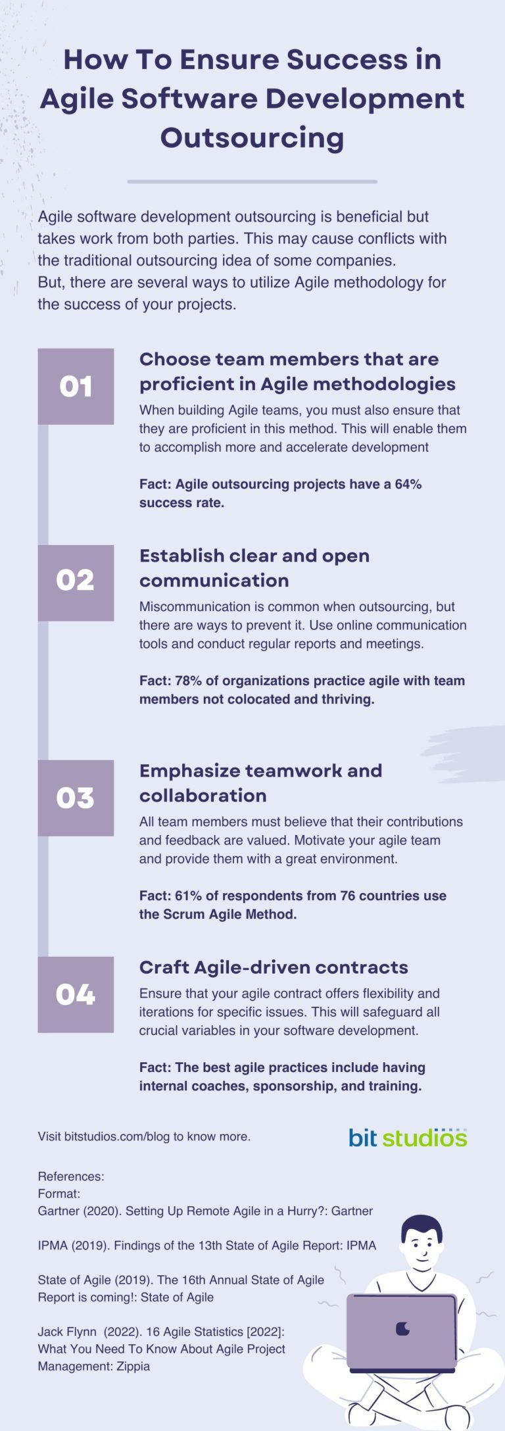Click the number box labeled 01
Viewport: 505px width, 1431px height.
pyautogui.click(x=76, y=386)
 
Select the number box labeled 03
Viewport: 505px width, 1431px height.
pyautogui.click(x=76, y=798)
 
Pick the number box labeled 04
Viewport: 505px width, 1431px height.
pyautogui.click(x=76, y=994)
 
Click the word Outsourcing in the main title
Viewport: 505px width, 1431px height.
pyautogui.click(x=252, y=137)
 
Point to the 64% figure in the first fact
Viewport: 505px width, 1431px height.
pyautogui.click(x=408, y=484)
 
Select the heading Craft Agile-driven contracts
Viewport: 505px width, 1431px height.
pyautogui.click(x=274, y=967)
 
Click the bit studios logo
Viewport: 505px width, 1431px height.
pyautogui.click(x=408, y=1137)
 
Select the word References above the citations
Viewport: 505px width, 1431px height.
pyautogui.click(x=70, y=1176)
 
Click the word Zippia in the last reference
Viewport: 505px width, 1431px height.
pyautogui.click(x=133, y=1367)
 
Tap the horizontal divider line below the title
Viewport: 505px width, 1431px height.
pyautogui.click(x=252, y=182)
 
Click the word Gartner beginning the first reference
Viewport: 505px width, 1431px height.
pyautogui.click(x=59, y=1211)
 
